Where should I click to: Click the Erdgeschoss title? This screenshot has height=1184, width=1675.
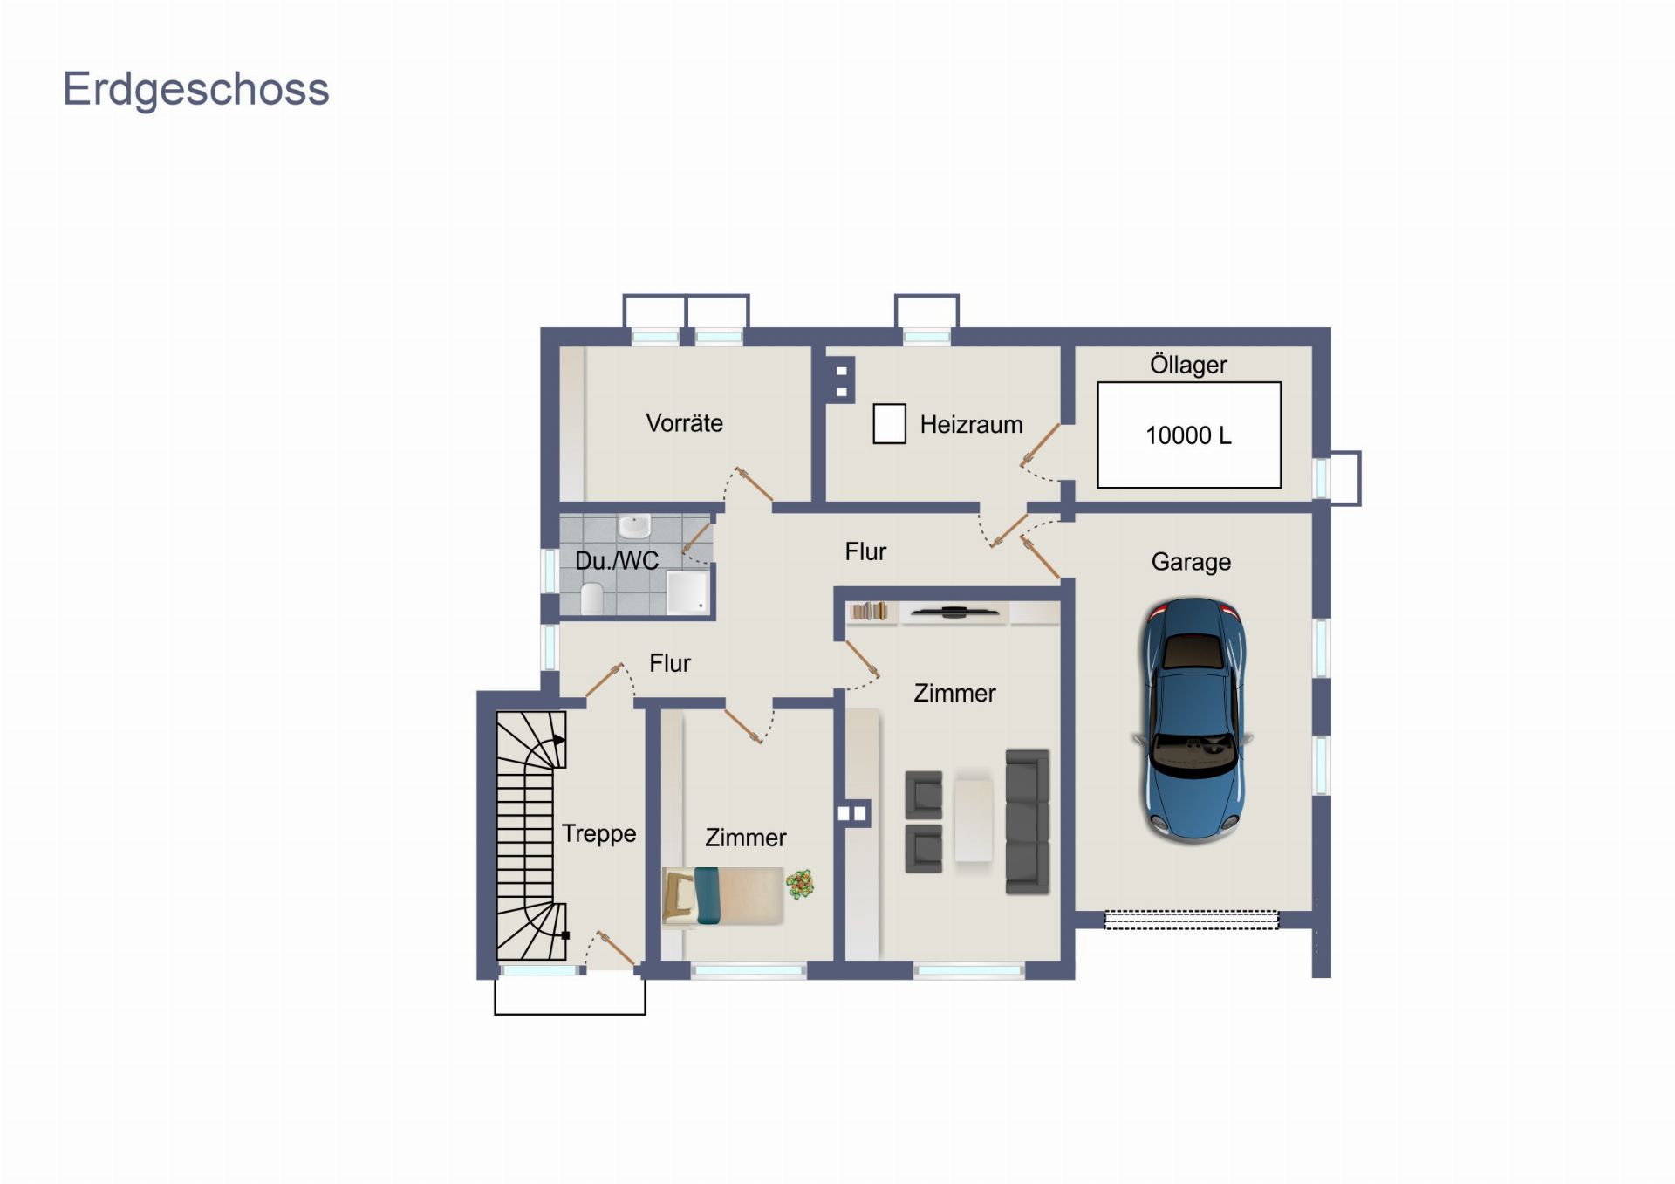[x=196, y=90]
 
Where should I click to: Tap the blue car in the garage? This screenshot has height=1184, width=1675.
[x=1193, y=720]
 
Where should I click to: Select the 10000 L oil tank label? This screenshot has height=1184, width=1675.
[x=1188, y=435]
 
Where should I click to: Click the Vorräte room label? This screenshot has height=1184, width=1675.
[x=685, y=423]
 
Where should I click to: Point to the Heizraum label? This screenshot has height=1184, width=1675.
[x=971, y=425]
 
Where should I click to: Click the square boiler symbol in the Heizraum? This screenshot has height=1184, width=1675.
[x=890, y=424]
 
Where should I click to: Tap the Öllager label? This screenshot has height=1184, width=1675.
[x=1188, y=365]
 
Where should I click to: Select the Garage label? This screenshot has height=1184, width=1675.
[x=1191, y=562]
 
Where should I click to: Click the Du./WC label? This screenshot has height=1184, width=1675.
[x=617, y=560]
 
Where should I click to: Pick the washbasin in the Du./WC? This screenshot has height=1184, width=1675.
[x=634, y=526]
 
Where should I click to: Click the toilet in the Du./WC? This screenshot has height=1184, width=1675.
[x=591, y=599]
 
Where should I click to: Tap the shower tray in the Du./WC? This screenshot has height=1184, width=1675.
[x=687, y=592]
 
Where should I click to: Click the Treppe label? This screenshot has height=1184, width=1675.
[x=598, y=833]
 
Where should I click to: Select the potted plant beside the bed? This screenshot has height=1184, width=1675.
[x=800, y=885]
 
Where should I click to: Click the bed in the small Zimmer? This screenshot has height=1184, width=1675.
[x=722, y=896]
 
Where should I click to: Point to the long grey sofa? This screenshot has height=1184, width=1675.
[x=1027, y=822]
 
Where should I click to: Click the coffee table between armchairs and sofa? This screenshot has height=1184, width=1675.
[x=974, y=820]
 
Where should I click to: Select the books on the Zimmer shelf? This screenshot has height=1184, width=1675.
[x=869, y=611]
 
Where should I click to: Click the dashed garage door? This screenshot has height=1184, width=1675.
[x=1192, y=920]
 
